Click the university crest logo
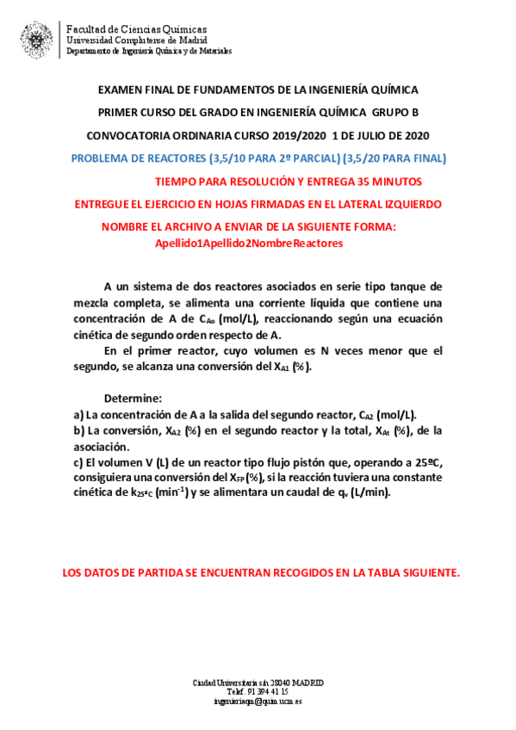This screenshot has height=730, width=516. click(x=35, y=39)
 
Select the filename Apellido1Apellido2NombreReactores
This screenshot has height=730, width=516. click(x=248, y=244)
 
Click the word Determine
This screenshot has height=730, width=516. click(x=133, y=399)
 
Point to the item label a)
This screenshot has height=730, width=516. click(x=78, y=415)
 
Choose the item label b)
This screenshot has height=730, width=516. click(x=78, y=431)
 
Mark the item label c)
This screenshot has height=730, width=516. click(x=78, y=462)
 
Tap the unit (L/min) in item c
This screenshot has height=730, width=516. click(x=367, y=494)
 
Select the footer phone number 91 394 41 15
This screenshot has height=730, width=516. click(x=262, y=691)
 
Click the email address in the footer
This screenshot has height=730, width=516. click(x=258, y=702)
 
